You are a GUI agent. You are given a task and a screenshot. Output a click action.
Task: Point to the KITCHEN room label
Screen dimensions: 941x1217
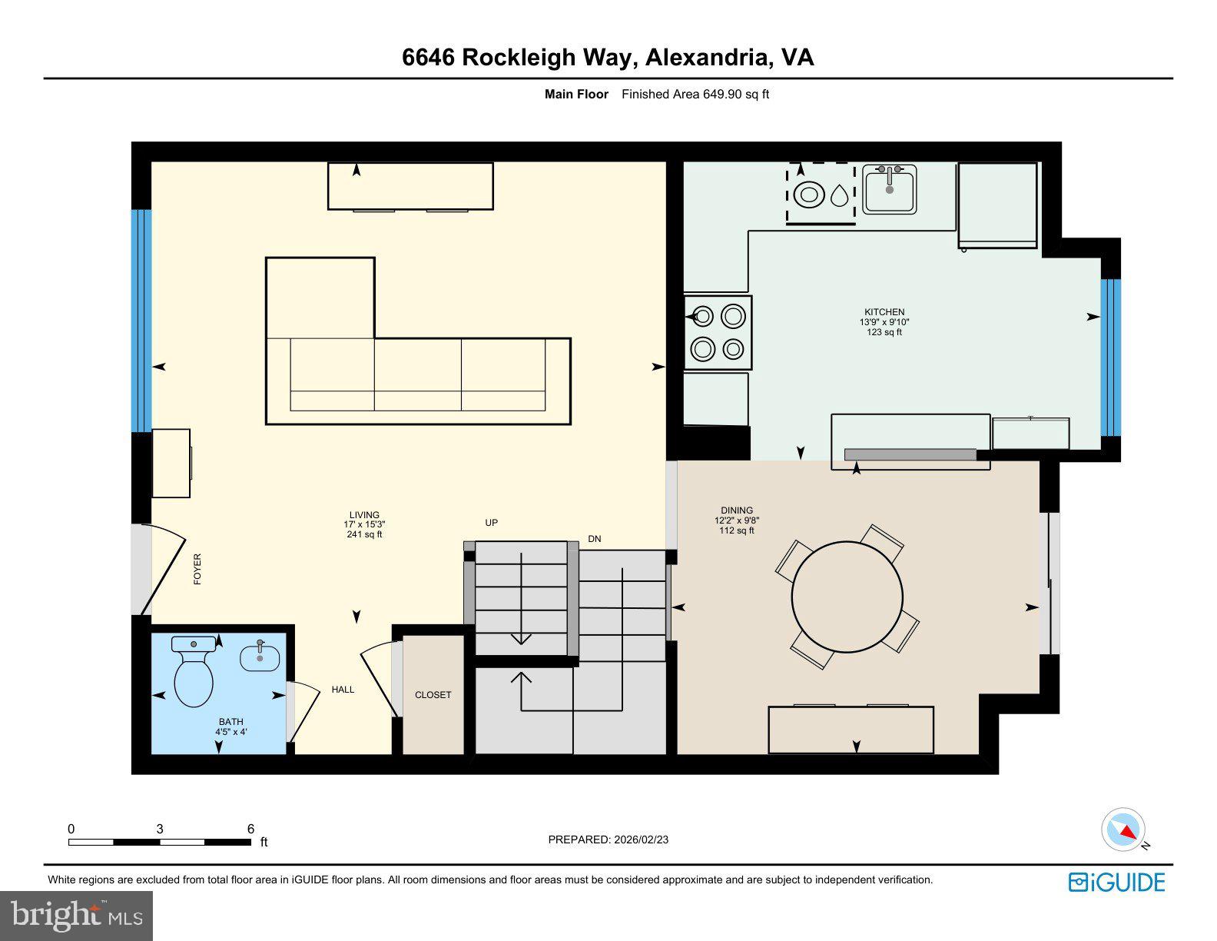[884, 312]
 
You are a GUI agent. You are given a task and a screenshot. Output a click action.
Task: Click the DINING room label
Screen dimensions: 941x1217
[736, 510]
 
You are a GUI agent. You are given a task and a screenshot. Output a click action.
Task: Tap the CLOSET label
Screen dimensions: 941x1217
[433, 695]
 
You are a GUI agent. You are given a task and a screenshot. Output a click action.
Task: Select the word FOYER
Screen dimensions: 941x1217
[197, 569]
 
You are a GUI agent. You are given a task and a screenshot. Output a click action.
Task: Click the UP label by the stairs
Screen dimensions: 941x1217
[491, 523]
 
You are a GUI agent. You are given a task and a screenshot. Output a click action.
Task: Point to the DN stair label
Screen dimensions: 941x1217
[594, 539]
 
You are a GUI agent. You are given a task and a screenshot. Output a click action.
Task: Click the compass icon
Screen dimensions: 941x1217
[1122, 830]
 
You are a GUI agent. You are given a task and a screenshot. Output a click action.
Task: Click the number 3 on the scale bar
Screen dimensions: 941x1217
[160, 829]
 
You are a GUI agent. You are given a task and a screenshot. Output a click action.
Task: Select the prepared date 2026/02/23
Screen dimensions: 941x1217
[641, 840]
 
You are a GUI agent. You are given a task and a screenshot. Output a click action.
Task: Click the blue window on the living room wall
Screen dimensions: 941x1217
[141, 321]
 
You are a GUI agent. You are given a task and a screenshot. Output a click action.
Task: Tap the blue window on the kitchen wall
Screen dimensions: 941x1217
[1110, 357]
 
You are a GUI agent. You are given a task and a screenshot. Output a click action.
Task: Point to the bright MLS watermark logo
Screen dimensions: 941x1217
[77, 916]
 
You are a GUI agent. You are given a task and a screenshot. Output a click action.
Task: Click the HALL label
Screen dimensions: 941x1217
[343, 690]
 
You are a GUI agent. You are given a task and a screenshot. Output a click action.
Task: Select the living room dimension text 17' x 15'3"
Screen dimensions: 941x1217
[364, 524]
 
